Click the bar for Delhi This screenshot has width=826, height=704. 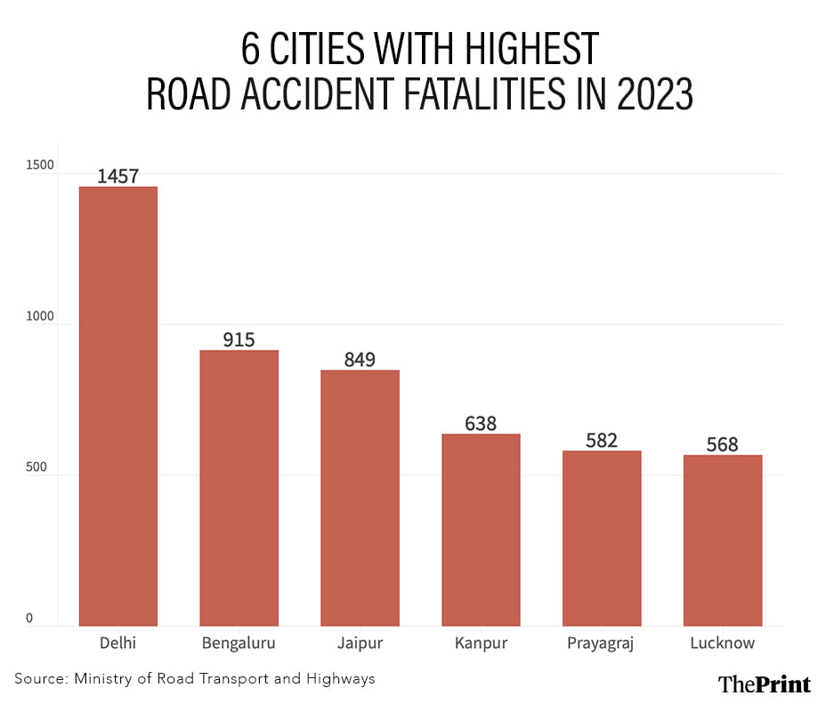[x=118, y=406]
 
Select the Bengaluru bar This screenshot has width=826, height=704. [x=239, y=488]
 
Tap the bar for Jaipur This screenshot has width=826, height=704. [x=360, y=498]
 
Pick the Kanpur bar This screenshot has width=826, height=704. [x=481, y=530]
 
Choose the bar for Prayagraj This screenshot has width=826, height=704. [x=602, y=538]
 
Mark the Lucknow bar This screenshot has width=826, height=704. [x=722, y=540]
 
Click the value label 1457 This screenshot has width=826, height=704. [x=118, y=175]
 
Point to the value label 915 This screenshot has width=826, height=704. [x=239, y=339]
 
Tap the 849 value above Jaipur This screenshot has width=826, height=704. [x=360, y=360]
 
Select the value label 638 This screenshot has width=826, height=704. [x=481, y=423]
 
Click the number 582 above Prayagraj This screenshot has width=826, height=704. [x=602, y=440]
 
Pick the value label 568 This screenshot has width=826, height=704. [x=722, y=444]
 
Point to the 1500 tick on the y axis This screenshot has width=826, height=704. [x=40, y=166]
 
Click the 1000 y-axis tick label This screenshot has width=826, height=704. [x=40, y=317]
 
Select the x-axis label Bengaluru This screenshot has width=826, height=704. [x=239, y=643]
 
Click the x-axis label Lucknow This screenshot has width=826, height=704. [x=722, y=643]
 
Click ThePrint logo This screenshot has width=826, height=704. [x=764, y=683]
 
